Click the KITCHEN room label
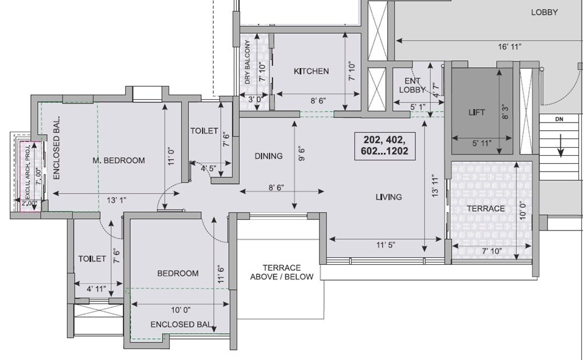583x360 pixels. pos(311,71)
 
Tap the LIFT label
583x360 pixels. pos(476,112)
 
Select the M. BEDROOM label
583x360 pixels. pos(119,160)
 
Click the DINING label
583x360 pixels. pos(268,156)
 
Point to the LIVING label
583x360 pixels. pos(388,197)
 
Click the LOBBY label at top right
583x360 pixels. pos(544,12)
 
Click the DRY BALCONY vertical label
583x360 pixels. pos(248,62)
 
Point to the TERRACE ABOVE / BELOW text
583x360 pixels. pos(282,272)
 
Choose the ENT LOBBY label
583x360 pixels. pos(409,85)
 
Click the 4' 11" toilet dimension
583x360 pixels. pos(97,288)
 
